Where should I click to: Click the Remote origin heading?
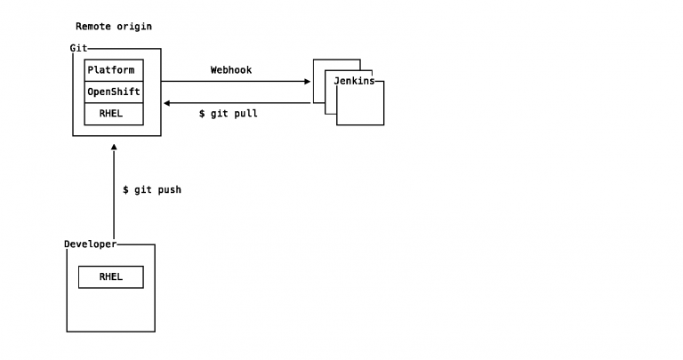[114, 27]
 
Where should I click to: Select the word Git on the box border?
[78, 48]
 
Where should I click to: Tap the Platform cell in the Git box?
[114, 70]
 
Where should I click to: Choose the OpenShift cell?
[114, 92]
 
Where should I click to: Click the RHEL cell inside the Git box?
[114, 114]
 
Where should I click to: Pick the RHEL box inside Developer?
[111, 276]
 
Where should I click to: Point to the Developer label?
[91, 244]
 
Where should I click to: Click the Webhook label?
[231, 70]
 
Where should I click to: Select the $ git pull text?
[229, 114]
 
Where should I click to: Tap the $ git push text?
[152, 190]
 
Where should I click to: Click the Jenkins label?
[354, 81]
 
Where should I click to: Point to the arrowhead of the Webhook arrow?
[308, 82]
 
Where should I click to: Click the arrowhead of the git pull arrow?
[166, 103]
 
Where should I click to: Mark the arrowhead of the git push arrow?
[114, 148]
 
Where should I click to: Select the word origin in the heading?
[134, 27]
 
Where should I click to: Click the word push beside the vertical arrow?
[170, 190]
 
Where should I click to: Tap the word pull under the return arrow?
[245, 114]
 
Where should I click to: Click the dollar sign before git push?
[126, 190]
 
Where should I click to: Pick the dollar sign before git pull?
[202, 114]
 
